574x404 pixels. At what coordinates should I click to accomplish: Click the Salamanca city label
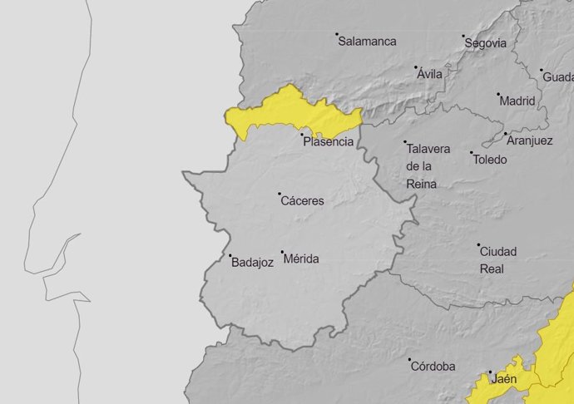(x=367, y=41)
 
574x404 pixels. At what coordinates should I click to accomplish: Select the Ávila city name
(x=430, y=73)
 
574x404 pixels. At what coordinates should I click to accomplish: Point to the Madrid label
(x=517, y=101)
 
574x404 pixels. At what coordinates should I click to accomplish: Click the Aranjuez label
(x=529, y=140)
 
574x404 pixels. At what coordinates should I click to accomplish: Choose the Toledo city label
(x=489, y=159)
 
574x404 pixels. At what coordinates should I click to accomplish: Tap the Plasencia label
(x=328, y=142)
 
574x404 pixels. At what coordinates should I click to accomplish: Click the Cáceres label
(x=302, y=200)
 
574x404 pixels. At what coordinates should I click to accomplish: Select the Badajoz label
(x=253, y=262)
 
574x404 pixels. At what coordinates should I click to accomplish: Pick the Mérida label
(x=301, y=259)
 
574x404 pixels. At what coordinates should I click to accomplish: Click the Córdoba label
(x=433, y=366)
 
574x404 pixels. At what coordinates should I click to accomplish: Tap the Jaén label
(x=503, y=379)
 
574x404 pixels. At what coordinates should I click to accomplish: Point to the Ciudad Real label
(x=498, y=259)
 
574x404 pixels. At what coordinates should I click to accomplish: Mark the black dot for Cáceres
(x=280, y=194)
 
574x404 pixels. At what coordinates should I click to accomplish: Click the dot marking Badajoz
(x=230, y=255)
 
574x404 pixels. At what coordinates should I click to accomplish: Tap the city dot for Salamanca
(x=337, y=35)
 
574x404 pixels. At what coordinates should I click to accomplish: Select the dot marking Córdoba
(x=410, y=360)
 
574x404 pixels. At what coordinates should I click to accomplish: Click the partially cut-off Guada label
(x=557, y=76)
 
